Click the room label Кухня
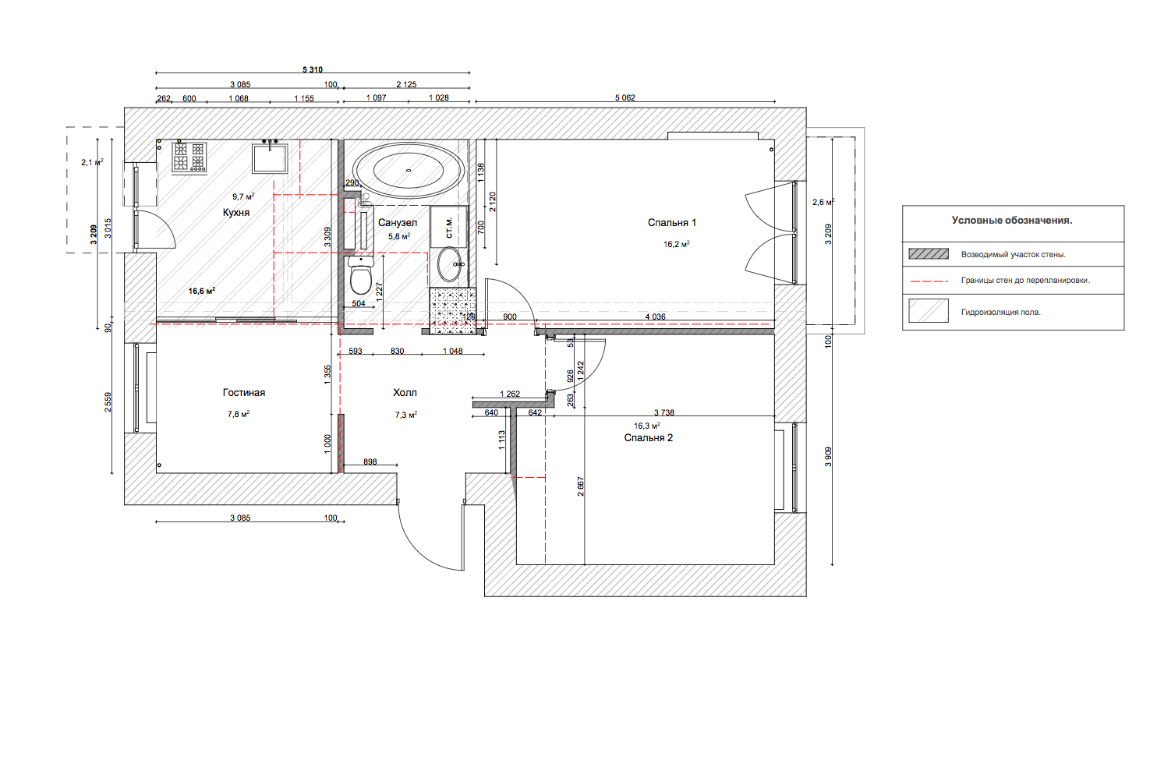point(236,213)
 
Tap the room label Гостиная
point(244,393)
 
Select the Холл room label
point(405,393)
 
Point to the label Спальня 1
point(671,223)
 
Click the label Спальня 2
point(648,438)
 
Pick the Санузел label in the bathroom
point(398,223)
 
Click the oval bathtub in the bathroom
point(409,170)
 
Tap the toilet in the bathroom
point(361,274)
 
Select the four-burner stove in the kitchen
point(189,157)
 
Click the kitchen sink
point(270,157)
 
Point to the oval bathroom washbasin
point(449,264)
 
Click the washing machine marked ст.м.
point(449,227)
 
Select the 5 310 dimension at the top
point(313,70)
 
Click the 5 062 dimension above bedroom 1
point(625,97)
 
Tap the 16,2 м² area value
point(676,244)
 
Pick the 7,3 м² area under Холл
point(406,415)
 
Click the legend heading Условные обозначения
point(1012,221)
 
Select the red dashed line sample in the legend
point(929,281)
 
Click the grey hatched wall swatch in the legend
point(929,254)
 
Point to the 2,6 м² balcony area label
point(823,202)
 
